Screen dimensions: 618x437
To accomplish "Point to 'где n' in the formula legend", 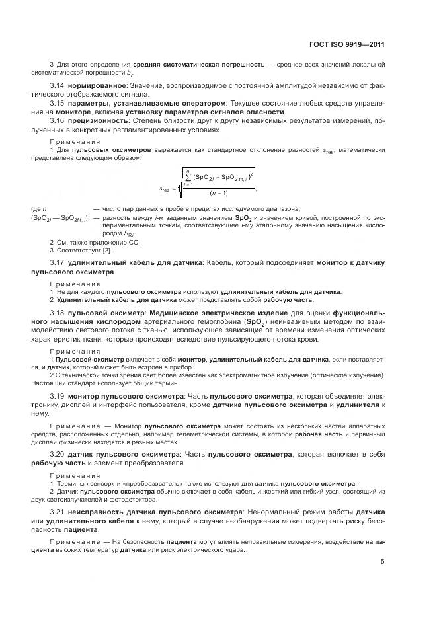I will point(38,208).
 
